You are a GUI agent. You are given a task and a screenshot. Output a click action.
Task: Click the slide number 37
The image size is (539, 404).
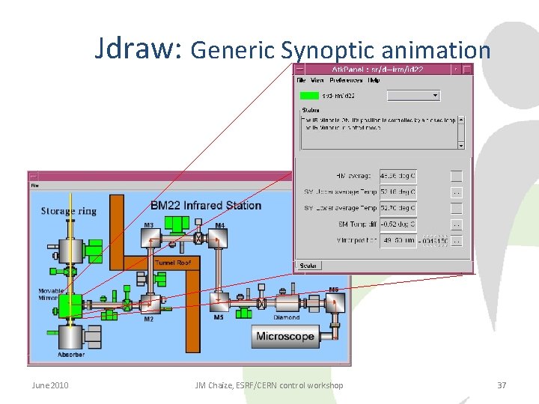click(502, 385)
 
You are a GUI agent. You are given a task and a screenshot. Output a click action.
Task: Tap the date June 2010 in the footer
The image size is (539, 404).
click(50, 385)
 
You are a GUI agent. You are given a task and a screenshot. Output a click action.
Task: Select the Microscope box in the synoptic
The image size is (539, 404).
click(285, 337)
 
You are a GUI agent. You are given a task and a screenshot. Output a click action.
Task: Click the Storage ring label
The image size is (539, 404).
click(69, 211)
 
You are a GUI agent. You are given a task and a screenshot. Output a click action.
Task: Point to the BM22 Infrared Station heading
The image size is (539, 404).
click(206, 205)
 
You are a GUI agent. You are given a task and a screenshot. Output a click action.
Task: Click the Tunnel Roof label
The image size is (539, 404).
click(173, 263)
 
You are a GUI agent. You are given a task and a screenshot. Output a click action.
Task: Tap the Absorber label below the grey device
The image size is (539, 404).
click(72, 354)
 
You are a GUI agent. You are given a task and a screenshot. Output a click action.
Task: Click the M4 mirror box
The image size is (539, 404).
click(218, 238)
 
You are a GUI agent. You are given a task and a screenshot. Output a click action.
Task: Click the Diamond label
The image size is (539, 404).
click(286, 317)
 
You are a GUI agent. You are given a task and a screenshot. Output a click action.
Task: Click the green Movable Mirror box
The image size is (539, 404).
click(70, 305)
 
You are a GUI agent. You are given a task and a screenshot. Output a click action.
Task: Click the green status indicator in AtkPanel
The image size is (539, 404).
click(308, 96)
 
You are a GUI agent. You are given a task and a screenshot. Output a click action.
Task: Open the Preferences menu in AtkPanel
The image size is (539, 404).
click(346, 80)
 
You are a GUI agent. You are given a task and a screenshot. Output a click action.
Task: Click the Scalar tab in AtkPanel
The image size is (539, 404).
click(307, 266)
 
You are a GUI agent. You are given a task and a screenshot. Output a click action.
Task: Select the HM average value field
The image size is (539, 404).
click(398, 176)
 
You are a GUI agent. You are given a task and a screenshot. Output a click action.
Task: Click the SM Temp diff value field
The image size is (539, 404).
click(398, 224)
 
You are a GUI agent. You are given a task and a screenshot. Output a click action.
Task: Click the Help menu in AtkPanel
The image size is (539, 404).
click(374, 80)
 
